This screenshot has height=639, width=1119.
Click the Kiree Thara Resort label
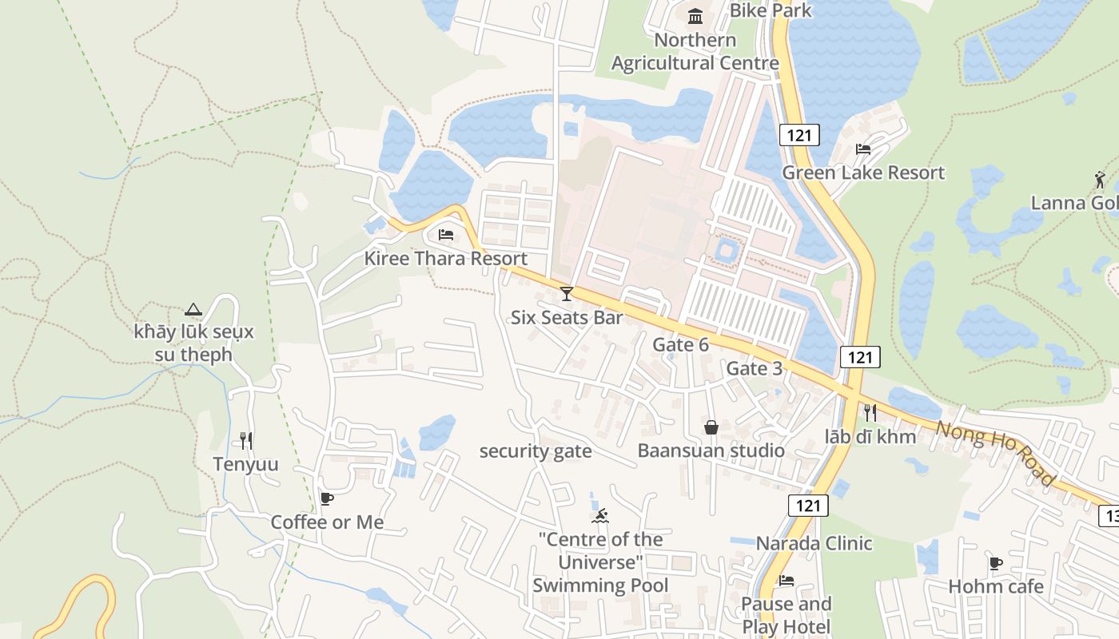(x=445, y=258)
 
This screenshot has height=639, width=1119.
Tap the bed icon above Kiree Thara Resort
(x=446, y=235)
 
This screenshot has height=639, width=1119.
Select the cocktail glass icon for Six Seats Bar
(x=567, y=294)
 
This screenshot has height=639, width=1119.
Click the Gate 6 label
(x=680, y=344)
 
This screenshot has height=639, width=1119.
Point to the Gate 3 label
(x=754, y=368)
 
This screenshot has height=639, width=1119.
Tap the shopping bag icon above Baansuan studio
(x=711, y=427)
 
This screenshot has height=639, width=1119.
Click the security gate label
(x=536, y=451)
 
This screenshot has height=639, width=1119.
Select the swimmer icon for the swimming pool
(x=600, y=515)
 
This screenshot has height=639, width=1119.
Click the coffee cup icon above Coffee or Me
(x=326, y=498)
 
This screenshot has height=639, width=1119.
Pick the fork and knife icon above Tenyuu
(x=246, y=440)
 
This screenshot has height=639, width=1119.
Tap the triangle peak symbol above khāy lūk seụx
(x=193, y=309)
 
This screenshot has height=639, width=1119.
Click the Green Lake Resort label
(x=863, y=173)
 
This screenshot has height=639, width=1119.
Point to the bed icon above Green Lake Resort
(x=863, y=149)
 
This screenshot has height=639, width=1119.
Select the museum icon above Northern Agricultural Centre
(x=695, y=16)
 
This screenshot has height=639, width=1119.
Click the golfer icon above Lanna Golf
(x=1101, y=180)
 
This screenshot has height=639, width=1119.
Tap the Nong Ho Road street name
(x=996, y=452)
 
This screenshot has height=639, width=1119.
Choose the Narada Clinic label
(x=814, y=543)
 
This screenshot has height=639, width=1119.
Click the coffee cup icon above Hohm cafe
(x=996, y=563)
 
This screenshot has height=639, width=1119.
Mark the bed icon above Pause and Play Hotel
(x=786, y=581)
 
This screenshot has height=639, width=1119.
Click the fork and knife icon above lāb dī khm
(x=870, y=412)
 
